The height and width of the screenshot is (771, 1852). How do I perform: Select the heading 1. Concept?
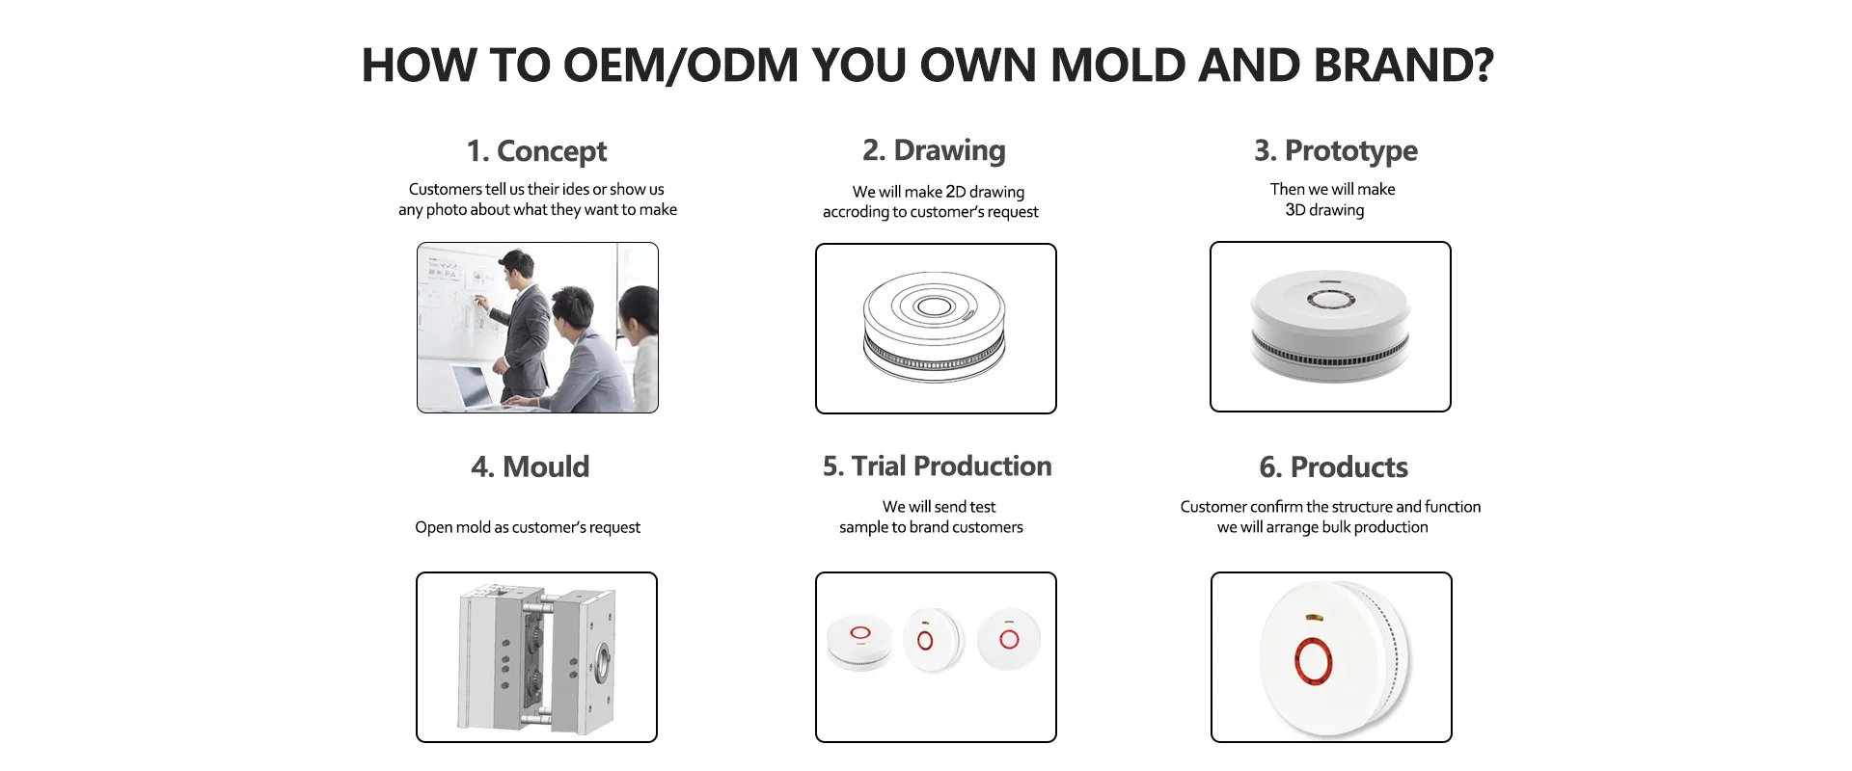pyautogui.click(x=536, y=151)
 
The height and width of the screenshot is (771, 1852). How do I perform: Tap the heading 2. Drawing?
pyautogui.click(x=934, y=150)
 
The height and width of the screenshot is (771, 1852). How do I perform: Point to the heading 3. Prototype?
pyautogui.click(x=1335, y=150)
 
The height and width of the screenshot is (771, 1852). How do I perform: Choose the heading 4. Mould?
pyautogui.click(x=530, y=466)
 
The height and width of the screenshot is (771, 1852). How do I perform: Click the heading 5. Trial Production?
pyautogui.click(x=937, y=466)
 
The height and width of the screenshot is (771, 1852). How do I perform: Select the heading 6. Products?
pyautogui.click(x=1333, y=467)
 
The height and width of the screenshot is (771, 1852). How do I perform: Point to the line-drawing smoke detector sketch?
pyautogui.click(x=934, y=328)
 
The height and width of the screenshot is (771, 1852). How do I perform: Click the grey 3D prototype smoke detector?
pyautogui.click(x=1330, y=326)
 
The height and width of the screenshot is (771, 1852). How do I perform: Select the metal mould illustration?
pyautogui.click(x=536, y=657)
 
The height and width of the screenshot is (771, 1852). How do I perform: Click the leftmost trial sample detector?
pyautogui.click(x=859, y=641)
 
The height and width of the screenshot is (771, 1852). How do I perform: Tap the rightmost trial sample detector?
pyautogui.click(x=1009, y=638)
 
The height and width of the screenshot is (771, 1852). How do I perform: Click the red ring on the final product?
pyautogui.click(x=1312, y=660)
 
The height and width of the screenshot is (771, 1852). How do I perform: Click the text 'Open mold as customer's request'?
pyautogui.click(x=528, y=527)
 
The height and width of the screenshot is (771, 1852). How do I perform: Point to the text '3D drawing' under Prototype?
pyautogui.click(x=1324, y=210)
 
